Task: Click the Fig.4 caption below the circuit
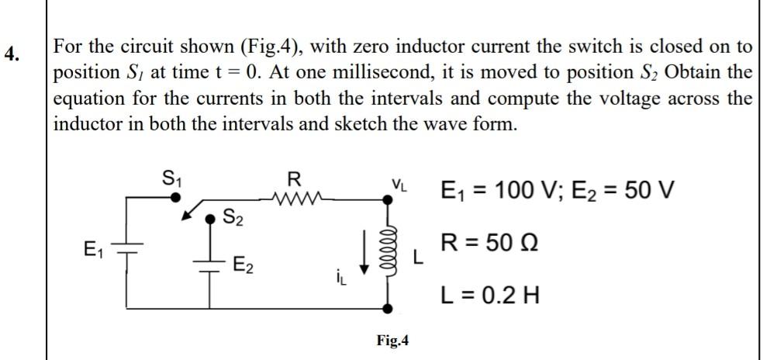pyautogui.click(x=393, y=341)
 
